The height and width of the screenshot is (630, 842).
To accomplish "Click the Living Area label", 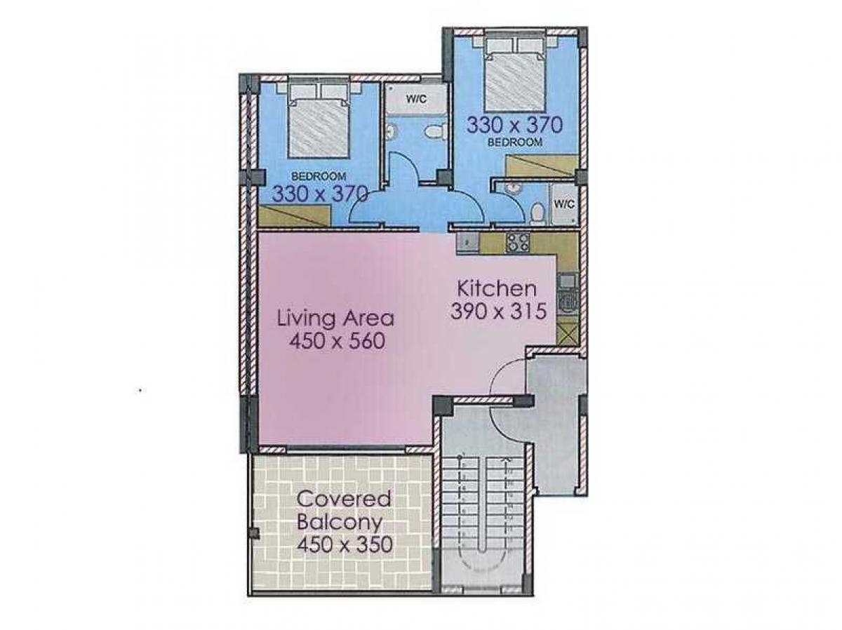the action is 335,319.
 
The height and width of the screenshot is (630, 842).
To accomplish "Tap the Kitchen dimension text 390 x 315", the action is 498,311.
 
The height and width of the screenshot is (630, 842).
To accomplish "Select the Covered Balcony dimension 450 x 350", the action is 345,544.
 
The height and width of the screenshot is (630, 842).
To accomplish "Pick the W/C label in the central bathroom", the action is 416,98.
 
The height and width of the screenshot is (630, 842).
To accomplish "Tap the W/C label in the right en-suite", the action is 563,204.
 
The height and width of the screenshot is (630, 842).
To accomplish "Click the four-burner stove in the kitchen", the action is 517,243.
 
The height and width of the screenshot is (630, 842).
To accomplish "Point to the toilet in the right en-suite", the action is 536,213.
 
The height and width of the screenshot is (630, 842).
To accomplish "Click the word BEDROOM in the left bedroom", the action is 319,176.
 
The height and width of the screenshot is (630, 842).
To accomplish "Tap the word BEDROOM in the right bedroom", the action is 514,142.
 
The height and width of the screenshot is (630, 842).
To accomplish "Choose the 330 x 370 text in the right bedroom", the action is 514,125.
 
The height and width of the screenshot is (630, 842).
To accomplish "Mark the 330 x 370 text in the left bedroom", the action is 320,194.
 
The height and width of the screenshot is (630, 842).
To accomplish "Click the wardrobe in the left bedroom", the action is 295,216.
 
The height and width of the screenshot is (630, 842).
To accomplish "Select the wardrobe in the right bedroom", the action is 541,166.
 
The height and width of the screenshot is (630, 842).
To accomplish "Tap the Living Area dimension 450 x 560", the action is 337,341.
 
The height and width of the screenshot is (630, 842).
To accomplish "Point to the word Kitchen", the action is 497,289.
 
